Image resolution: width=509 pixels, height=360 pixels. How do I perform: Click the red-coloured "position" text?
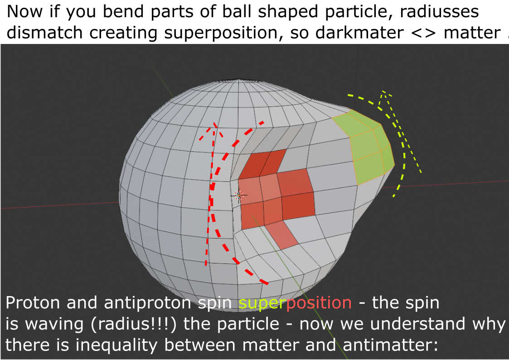tap(319, 303)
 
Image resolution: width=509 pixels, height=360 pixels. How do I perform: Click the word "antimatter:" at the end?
tap(390, 345)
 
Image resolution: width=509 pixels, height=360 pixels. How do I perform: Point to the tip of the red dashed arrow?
tap(215, 123)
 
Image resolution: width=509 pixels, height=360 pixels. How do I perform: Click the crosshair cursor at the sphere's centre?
tap(239, 195)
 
